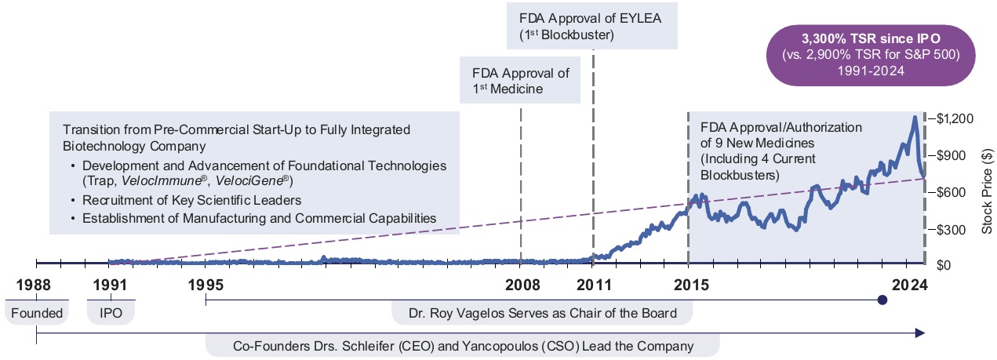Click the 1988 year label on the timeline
point(36,283)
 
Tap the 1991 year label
point(111,283)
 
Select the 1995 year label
point(206,283)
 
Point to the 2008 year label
point(521,283)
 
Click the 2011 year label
point(594,283)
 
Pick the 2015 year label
point(688,283)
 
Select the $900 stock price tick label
point(955,155)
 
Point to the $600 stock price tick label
point(955,192)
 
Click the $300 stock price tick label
point(955,229)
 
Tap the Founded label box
point(36,314)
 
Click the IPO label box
point(111,314)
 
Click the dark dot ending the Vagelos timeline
point(882,300)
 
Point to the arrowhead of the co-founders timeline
point(922,333)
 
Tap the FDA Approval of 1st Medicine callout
point(520,82)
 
